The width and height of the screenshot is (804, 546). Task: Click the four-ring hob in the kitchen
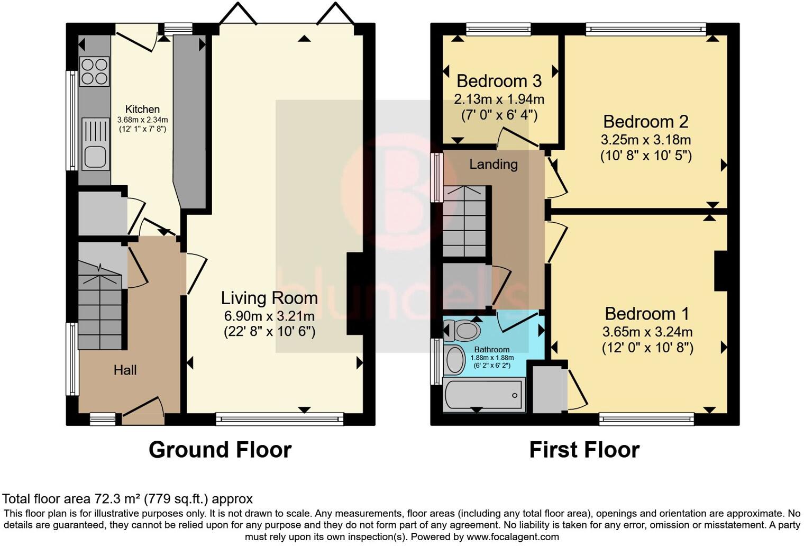pos(94,72)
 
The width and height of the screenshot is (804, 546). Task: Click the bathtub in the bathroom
pos(484,395)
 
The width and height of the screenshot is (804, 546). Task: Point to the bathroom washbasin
pos(454,359)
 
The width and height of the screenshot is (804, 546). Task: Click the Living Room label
pos(269,298)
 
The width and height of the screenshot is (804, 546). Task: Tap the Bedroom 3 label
pos(499,81)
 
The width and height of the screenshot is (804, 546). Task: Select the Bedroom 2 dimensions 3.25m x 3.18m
pos(646,140)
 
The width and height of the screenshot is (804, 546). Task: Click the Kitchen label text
pos(142,109)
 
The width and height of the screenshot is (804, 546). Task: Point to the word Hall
pos(125,370)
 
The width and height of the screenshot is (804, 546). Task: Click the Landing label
pos(494,164)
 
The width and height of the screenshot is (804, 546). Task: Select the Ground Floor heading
pos(220,449)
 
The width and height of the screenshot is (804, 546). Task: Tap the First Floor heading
pos(584,449)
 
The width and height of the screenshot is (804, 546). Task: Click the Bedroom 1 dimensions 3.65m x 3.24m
pos(647,332)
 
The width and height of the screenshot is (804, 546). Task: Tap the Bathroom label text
pos(492,349)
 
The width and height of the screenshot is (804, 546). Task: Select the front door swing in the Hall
pos(143,407)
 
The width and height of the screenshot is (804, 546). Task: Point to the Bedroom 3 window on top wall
pos(499,30)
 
